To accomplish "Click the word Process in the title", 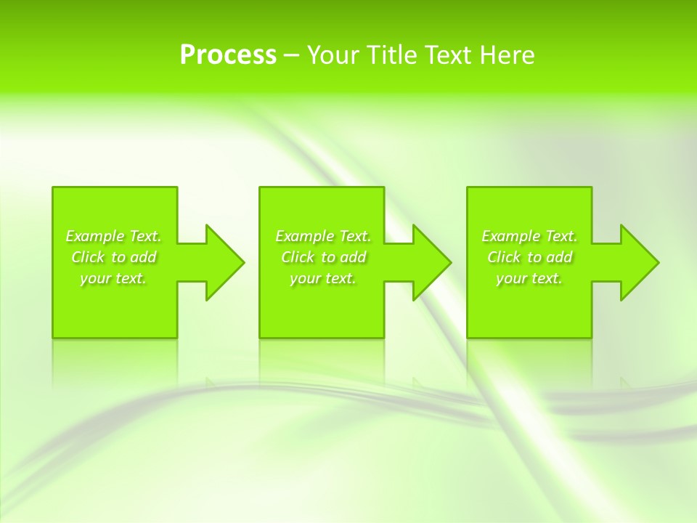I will coord(228,55).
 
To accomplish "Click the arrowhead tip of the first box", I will coord(243,262).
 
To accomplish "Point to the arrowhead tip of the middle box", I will coord(450,262).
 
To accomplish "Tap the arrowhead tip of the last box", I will coord(658,262).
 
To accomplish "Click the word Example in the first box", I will coord(95,236).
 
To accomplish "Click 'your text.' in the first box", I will coord(113,278).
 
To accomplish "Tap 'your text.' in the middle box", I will coord(323,278).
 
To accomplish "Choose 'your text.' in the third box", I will coord(529,278).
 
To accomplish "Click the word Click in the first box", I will coord(88,257).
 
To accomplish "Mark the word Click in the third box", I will coord(504,257).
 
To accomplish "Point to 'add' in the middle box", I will coord(353,257).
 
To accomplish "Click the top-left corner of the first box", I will coord(54,188).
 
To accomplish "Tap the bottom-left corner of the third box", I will coord(468,336).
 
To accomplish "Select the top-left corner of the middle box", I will coord(261,188).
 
